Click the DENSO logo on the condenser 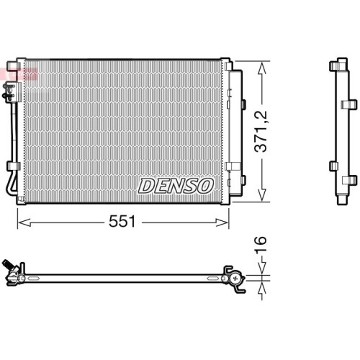pyautogui.click(x=176, y=186)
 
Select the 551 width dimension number pyautogui.click(x=122, y=221)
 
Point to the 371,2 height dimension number pyautogui.click(x=261, y=131)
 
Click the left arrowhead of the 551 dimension pyautogui.click(x=24, y=222)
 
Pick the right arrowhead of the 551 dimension pyautogui.click(x=222, y=222)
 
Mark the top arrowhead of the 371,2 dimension pyautogui.click(x=262, y=68)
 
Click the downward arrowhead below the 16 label pyautogui.click(x=262, y=268)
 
